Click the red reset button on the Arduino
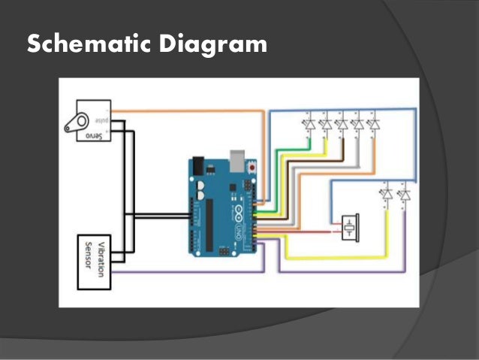click(x=252, y=166)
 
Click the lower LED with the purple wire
click(x=405, y=195)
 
